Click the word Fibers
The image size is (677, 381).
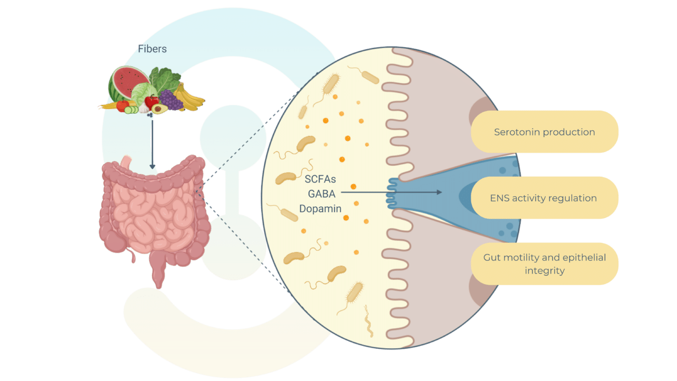(x=152, y=49)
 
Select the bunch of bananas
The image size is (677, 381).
(x=190, y=97)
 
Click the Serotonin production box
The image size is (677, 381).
(x=544, y=132)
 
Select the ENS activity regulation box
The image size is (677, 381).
(x=544, y=198)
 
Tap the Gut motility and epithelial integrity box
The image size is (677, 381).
(x=544, y=264)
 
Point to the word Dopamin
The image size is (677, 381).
(x=320, y=208)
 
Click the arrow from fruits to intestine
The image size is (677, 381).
(x=152, y=143)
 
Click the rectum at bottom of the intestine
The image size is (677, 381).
(x=158, y=275)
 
